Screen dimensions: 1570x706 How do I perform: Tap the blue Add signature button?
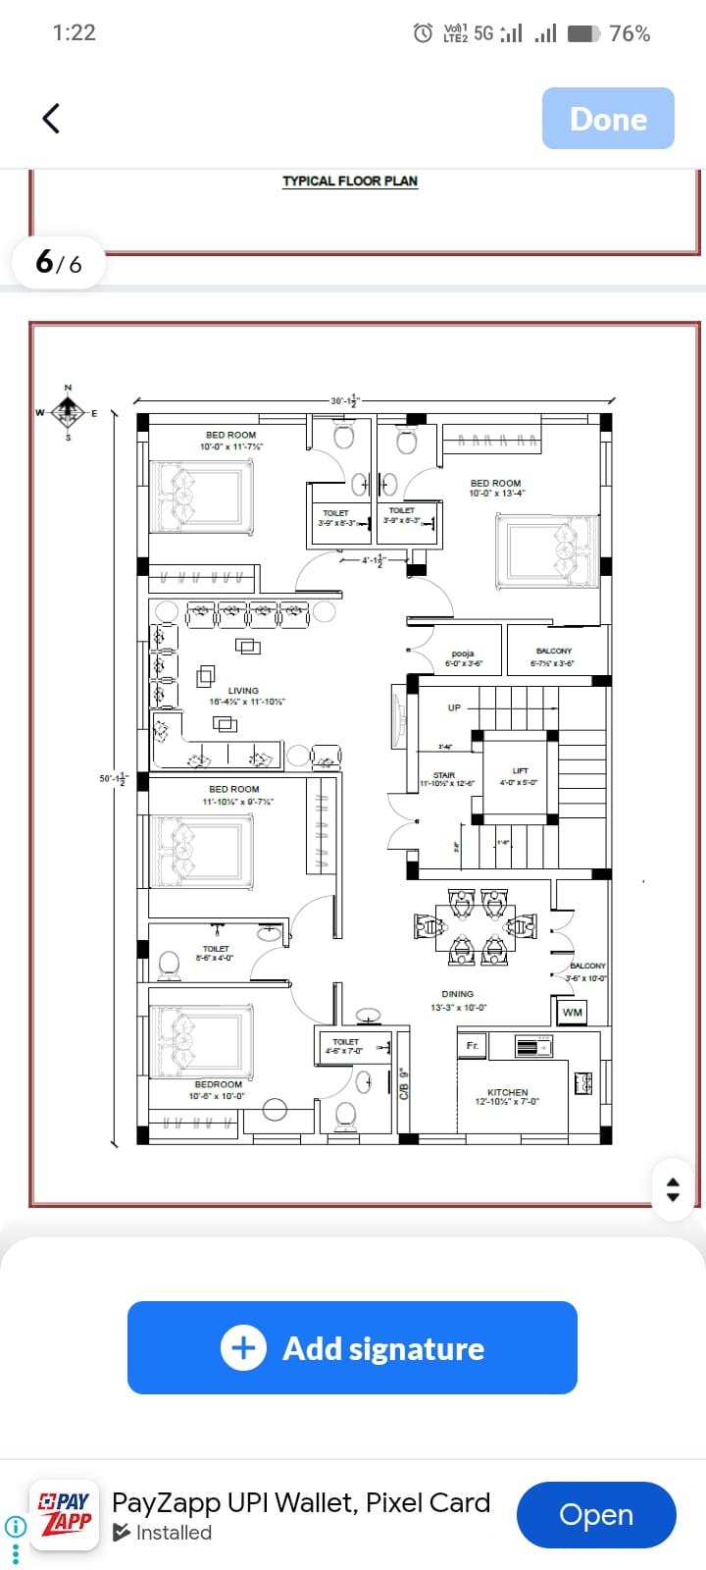(352, 1347)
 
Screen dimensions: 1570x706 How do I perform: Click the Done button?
(608, 119)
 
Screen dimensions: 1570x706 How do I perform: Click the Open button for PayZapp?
(595, 1514)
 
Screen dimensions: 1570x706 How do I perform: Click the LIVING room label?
(244, 691)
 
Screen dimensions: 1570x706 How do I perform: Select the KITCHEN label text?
(507, 1092)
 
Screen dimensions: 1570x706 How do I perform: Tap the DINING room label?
(458, 994)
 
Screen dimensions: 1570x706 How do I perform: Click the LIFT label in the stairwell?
(520, 770)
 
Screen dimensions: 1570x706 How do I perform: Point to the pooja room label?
(463, 654)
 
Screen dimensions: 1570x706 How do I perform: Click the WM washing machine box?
(573, 1012)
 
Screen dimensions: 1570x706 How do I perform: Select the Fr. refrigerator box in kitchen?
(473, 1045)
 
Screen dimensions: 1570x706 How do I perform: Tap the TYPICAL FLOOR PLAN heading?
(350, 182)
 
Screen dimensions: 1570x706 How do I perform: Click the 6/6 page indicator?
(59, 262)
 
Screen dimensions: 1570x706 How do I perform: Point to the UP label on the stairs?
(454, 707)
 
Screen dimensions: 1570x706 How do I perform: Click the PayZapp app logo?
(65, 1514)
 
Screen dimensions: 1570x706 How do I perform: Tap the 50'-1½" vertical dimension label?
(113, 779)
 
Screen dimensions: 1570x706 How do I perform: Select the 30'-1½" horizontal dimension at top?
(345, 400)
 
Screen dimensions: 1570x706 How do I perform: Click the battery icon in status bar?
(583, 33)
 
